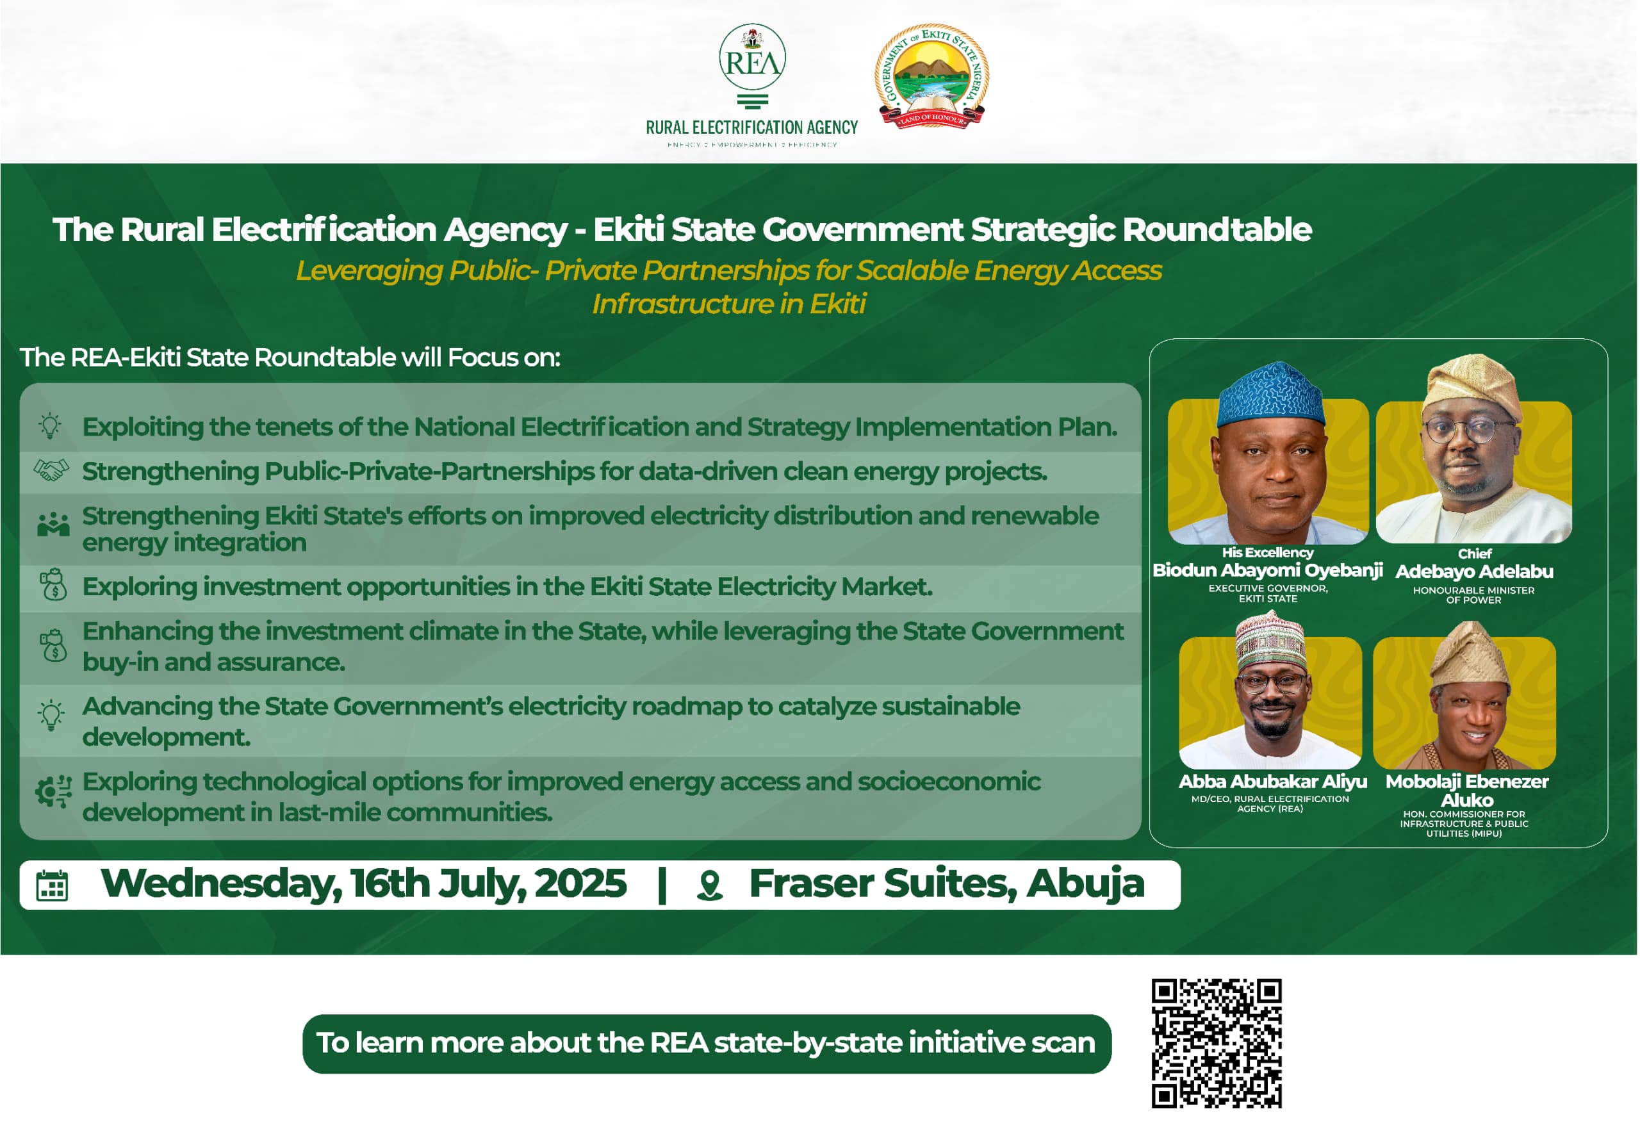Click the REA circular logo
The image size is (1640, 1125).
[x=753, y=57]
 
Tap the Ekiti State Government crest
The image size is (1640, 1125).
[x=931, y=76]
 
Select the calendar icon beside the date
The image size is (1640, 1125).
[x=53, y=887]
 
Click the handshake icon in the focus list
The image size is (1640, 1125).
[x=51, y=471]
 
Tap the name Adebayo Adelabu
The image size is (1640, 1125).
[x=1475, y=571]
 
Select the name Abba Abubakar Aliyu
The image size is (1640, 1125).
[x=1273, y=782]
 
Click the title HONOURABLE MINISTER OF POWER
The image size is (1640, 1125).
[x=1474, y=595]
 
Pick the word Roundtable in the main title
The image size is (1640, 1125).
[x=1217, y=229]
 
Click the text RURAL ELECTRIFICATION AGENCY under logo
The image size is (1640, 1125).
[x=752, y=127]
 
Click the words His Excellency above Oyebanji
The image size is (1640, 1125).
[x=1268, y=553]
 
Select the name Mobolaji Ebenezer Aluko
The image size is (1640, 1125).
[x=1467, y=791]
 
